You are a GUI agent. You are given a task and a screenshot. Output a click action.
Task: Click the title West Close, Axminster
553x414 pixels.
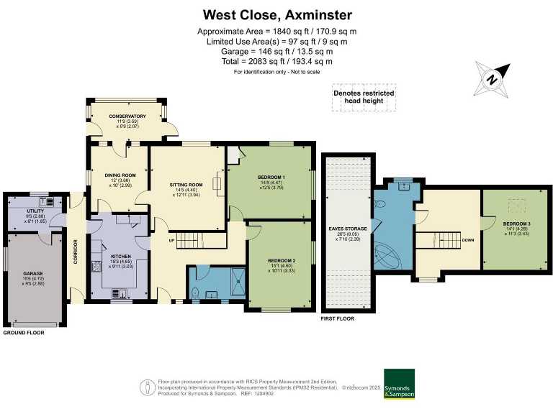[276, 14]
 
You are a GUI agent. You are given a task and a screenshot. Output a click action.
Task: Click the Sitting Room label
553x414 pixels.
[186, 185]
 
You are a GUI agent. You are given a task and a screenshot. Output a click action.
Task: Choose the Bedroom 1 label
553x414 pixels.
[271, 177]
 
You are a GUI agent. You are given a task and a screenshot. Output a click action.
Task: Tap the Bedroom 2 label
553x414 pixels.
[282, 260]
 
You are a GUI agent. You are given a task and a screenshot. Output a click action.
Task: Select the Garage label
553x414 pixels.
[33, 274]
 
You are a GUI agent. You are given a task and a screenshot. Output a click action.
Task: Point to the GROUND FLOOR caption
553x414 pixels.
[24, 333]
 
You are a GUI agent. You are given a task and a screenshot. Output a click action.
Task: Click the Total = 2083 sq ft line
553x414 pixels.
[276, 62]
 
